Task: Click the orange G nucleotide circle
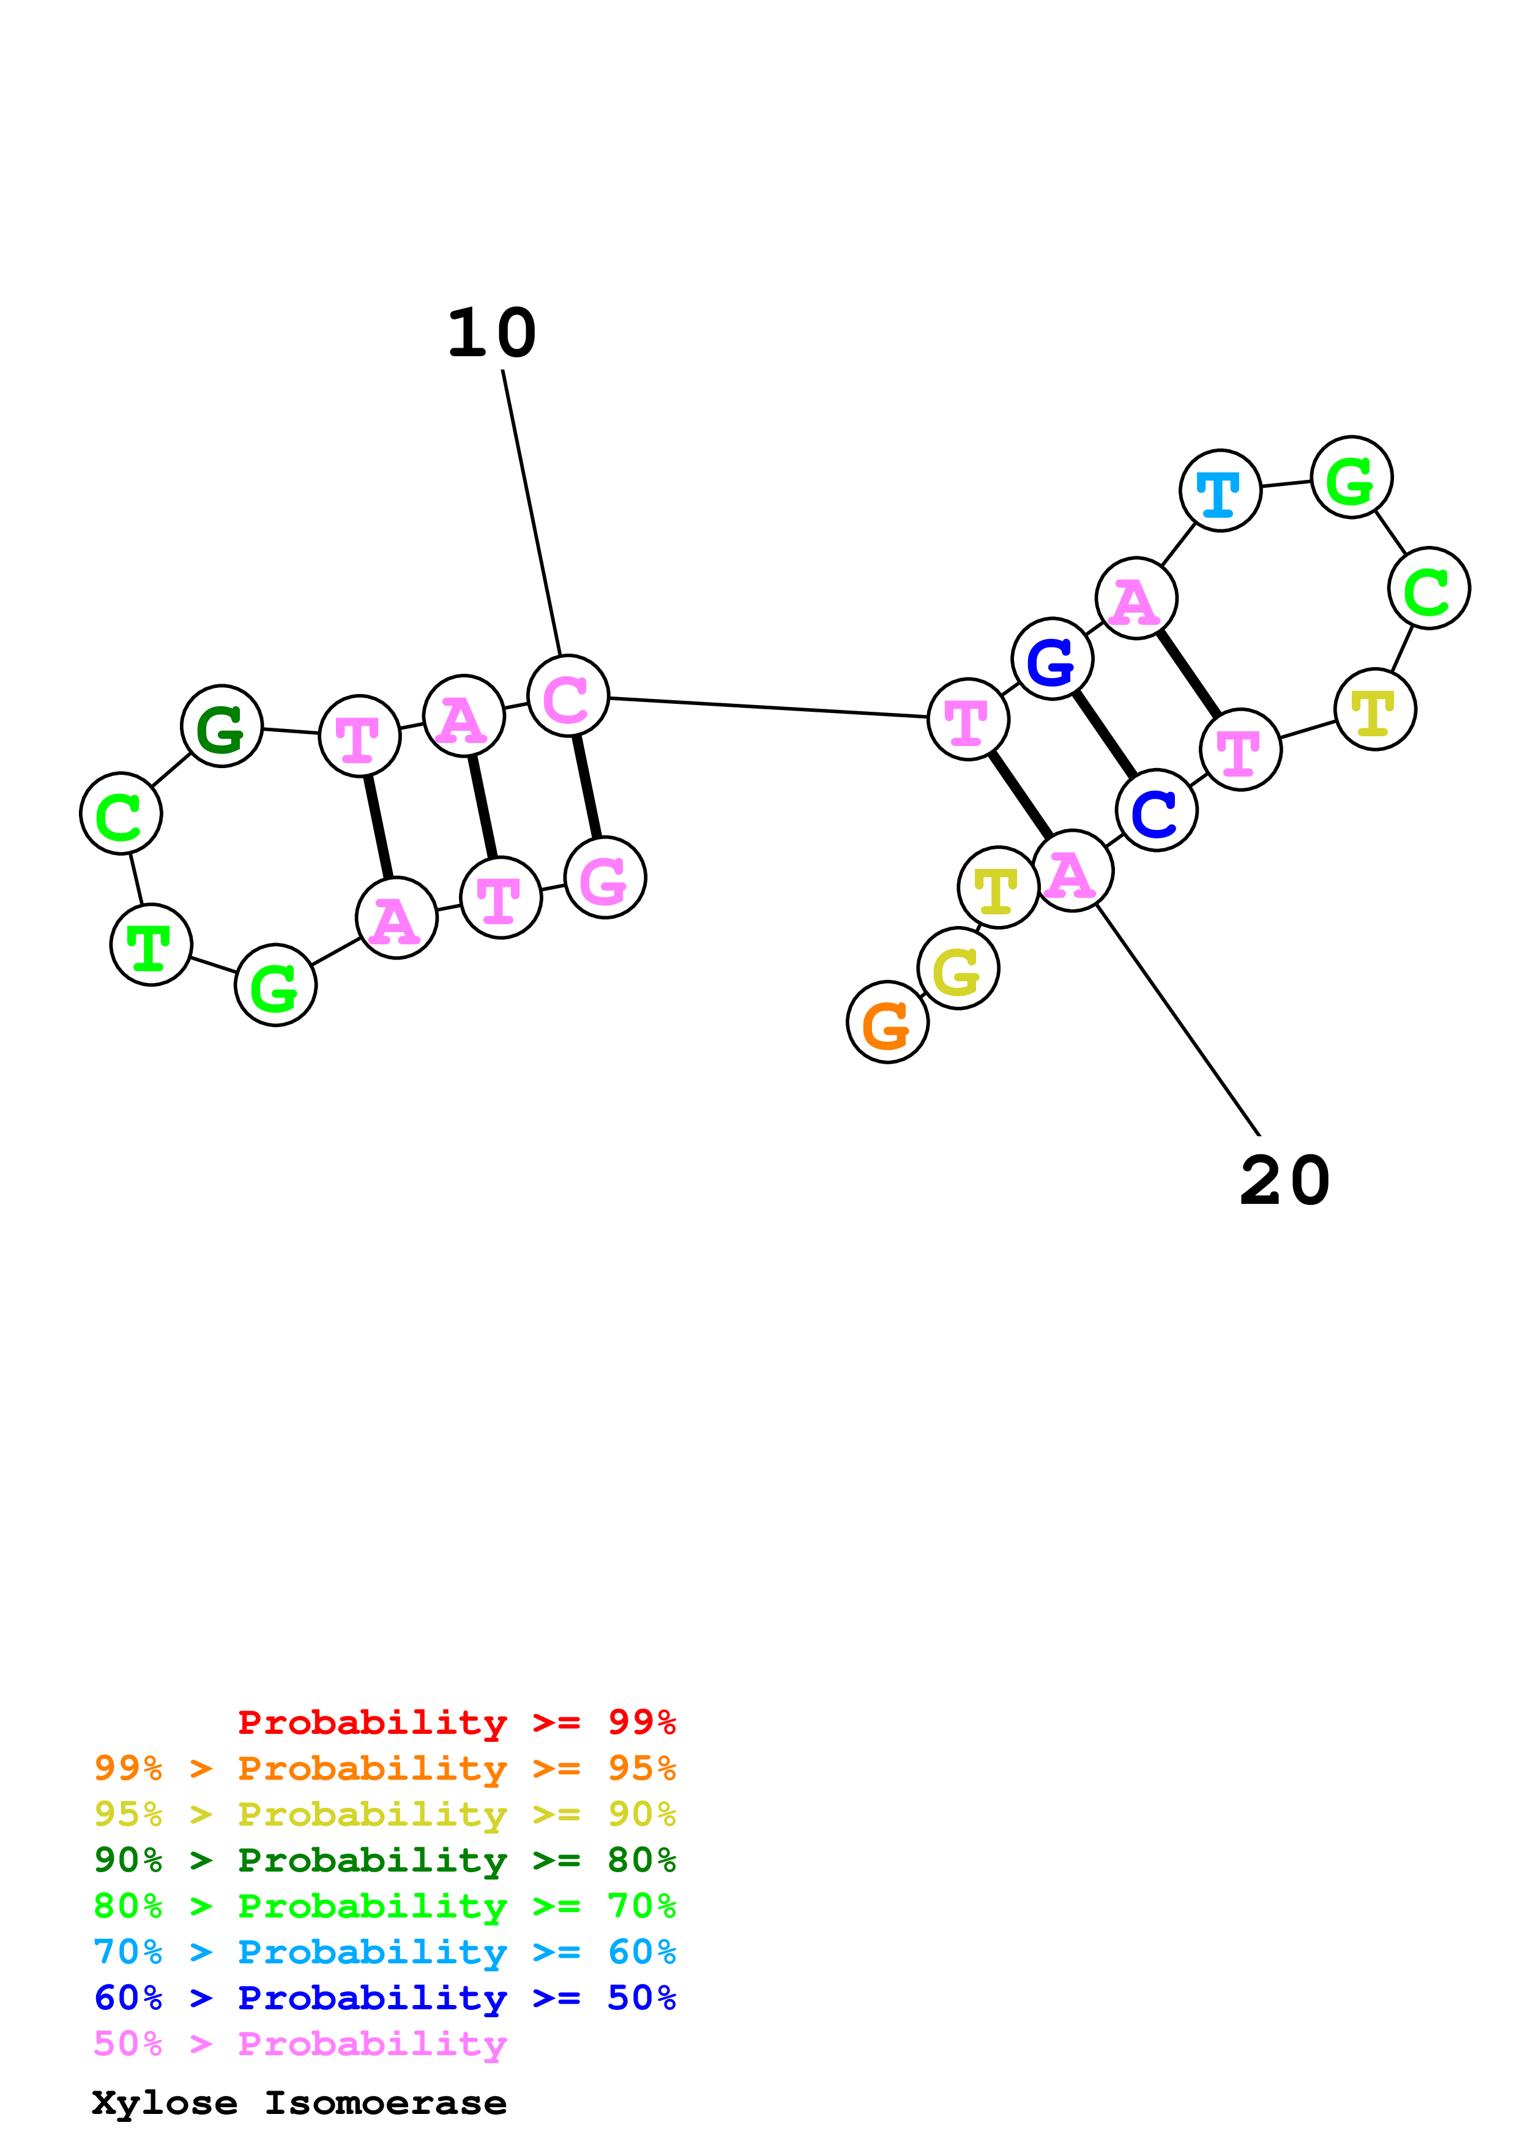pos(887,1022)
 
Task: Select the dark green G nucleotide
pos(222,726)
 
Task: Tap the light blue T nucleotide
pos(1220,490)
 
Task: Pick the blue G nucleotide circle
pos(1053,659)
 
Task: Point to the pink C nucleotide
pos(567,696)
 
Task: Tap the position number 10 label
pos(491,334)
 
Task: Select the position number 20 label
pos(1284,1181)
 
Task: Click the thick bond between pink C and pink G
pos(587,786)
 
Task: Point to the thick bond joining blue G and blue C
pos(1105,734)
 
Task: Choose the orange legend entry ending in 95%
pos(385,1768)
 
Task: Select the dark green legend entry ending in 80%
pos(385,1860)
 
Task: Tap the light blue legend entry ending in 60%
pos(385,1952)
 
